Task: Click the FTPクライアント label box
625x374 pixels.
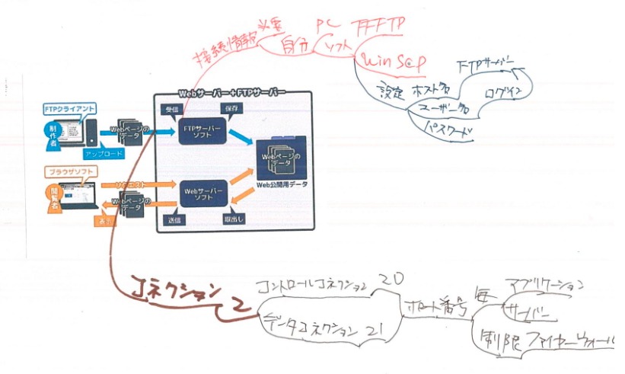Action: [69, 110]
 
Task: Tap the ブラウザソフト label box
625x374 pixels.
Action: [68, 172]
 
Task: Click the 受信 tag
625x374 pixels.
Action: [172, 110]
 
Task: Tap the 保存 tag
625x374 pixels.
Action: [233, 110]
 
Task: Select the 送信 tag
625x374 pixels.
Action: [173, 219]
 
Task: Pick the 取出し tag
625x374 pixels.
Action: [233, 219]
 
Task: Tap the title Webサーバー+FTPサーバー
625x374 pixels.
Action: [232, 93]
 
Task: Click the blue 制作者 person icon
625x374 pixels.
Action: [53, 130]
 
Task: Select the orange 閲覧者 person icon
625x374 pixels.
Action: [51, 195]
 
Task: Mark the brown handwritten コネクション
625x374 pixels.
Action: [174, 292]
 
